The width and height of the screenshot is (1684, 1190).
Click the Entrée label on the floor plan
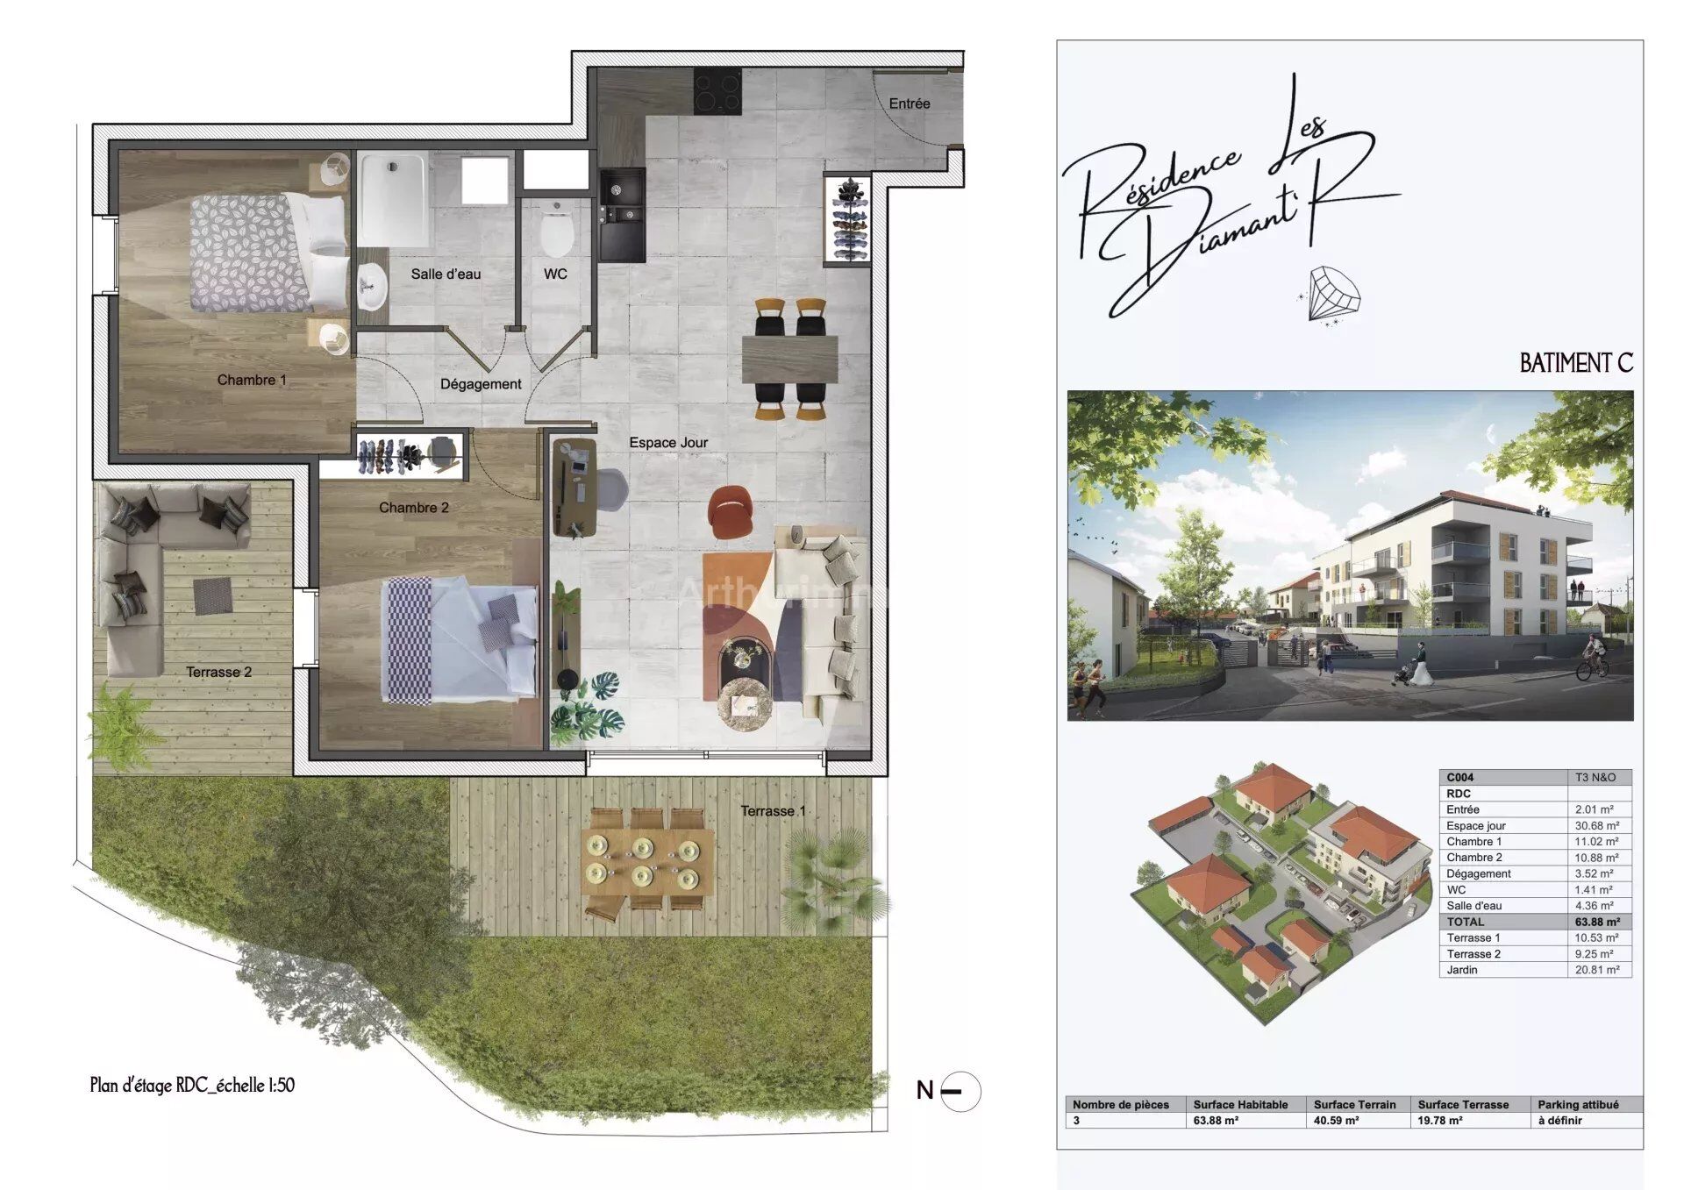point(909,103)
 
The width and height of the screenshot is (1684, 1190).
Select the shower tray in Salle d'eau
point(394,201)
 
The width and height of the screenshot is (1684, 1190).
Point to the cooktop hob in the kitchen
point(718,92)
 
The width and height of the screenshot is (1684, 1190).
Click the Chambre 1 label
point(252,380)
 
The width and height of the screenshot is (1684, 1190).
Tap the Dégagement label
point(481,384)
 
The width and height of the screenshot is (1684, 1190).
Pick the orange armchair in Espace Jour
point(731,510)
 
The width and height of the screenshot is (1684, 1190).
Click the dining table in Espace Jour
point(789,359)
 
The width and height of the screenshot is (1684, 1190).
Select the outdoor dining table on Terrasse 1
point(648,861)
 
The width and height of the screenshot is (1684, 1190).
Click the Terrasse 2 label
point(218,673)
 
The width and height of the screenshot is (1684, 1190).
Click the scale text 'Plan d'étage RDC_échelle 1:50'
point(192,1085)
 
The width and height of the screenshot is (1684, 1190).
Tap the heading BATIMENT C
point(1576,363)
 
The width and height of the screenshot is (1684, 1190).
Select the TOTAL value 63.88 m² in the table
point(1597,922)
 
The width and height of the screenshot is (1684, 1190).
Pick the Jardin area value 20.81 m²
point(1597,970)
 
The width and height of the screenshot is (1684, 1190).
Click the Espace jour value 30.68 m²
point(1597,826)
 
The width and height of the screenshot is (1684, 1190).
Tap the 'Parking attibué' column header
point(1578,1105)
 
